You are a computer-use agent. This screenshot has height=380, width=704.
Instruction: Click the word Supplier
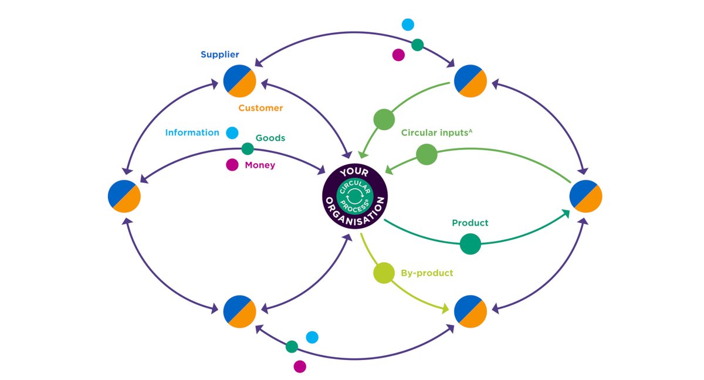220,55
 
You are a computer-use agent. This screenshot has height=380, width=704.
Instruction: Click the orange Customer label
260,108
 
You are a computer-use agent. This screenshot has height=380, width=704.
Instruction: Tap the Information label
192,133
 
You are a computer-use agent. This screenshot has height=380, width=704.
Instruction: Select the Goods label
270,138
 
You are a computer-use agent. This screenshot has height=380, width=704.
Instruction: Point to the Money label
260,165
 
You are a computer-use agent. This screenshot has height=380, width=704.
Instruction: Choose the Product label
470,223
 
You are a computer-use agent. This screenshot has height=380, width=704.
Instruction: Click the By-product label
427,273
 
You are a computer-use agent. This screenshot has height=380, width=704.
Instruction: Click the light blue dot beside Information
232,133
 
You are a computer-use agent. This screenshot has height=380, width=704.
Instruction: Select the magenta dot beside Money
232,165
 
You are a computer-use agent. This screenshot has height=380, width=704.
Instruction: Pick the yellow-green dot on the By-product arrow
384,274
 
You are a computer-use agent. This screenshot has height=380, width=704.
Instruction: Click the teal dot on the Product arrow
470,244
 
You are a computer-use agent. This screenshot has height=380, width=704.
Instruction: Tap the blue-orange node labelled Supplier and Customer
239,82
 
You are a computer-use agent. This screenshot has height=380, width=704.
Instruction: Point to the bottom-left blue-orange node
239,311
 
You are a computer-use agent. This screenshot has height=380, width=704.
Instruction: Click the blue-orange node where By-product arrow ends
471,311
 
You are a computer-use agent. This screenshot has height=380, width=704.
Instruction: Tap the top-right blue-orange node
471,82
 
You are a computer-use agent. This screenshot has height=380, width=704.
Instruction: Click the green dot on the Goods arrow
248,149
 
